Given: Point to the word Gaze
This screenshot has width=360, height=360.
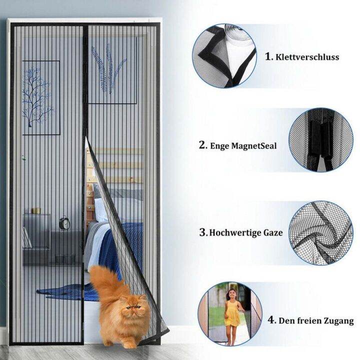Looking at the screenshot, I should click(x=273, y=232).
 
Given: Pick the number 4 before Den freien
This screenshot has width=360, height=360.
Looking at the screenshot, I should click(x=270, y=320).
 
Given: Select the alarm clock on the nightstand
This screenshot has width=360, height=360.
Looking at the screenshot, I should click(x=64, y=223).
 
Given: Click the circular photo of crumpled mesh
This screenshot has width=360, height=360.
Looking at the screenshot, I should click(x=320, y=232).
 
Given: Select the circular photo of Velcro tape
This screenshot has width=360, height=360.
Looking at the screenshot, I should click(x=224, y=55).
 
